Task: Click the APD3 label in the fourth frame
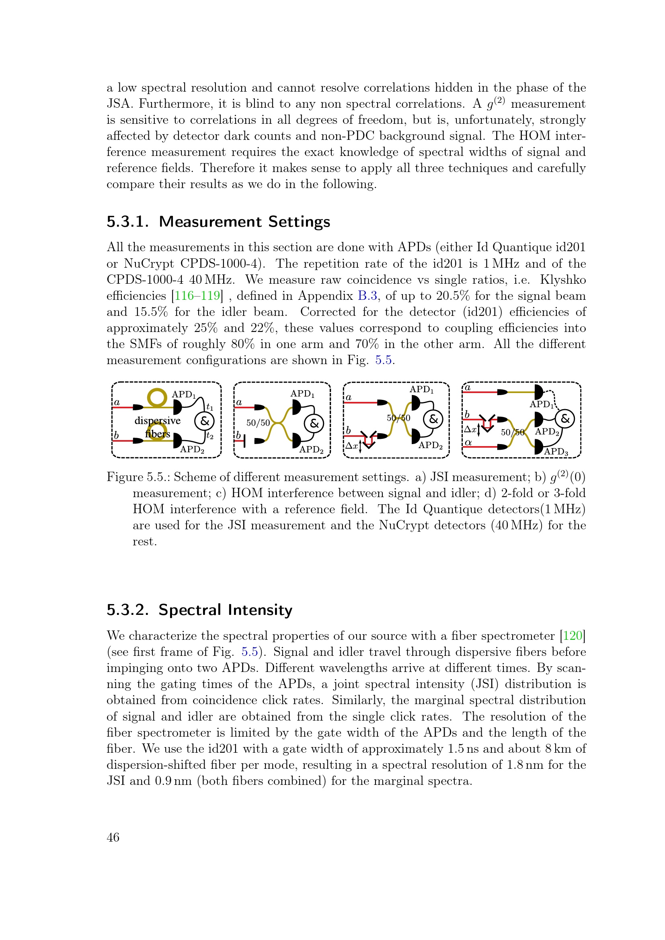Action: point(556,452)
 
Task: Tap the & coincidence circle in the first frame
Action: point(204,421)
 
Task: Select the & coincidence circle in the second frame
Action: point(314,423)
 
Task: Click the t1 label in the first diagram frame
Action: point(209,407)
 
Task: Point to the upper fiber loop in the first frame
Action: point(157,397)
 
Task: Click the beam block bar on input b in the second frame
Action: point(244,441)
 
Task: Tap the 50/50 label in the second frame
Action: point(258,422)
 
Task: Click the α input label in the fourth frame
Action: point(468,442)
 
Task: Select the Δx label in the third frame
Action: point(351,445)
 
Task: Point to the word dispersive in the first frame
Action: point(157,420)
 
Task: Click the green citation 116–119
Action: point(197,296)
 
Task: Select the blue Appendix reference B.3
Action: point(367,296)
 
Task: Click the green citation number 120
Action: point(573,635)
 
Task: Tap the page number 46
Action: point(113,837)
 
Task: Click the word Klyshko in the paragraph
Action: point(562,280)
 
